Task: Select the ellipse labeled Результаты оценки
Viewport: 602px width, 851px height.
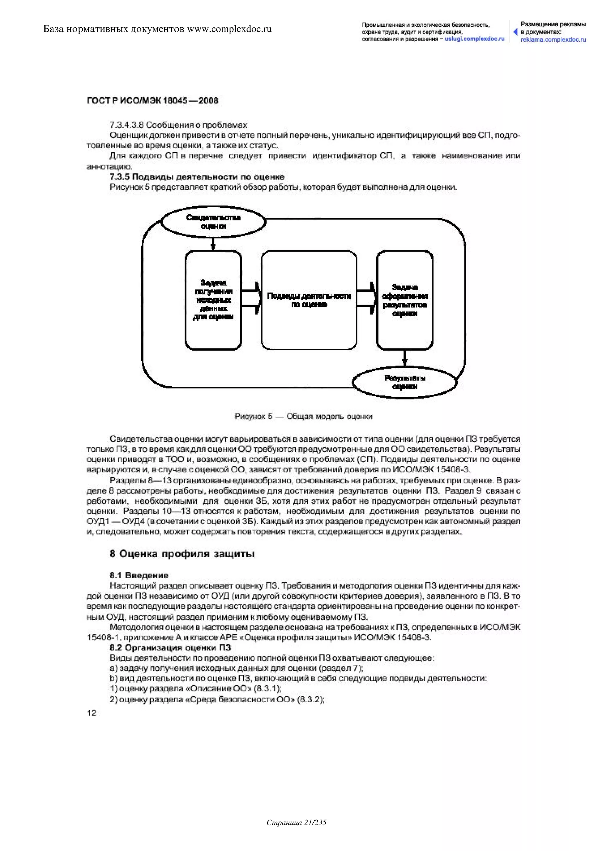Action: coord(404,382)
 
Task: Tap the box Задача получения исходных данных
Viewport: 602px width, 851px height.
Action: coord(213,300)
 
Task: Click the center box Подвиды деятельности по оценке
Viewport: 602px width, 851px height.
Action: coord(309,300)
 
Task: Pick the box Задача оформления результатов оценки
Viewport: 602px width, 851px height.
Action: coord(404,300)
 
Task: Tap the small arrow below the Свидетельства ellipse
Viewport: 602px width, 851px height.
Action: coord(213,244)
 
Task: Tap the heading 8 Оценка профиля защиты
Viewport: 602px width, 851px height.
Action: coord(182,554)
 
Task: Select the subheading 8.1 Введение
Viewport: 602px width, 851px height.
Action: coord(139,575)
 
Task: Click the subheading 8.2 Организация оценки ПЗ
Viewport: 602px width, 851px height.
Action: coord(170,648)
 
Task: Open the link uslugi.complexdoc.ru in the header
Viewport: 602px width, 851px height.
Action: coord(474,39)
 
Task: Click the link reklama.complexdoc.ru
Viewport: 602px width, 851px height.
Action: coord(553,40)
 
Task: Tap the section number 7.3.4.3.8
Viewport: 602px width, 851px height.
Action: coord(127,125)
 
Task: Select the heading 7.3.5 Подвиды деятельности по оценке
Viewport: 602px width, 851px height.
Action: coord(197,177)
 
